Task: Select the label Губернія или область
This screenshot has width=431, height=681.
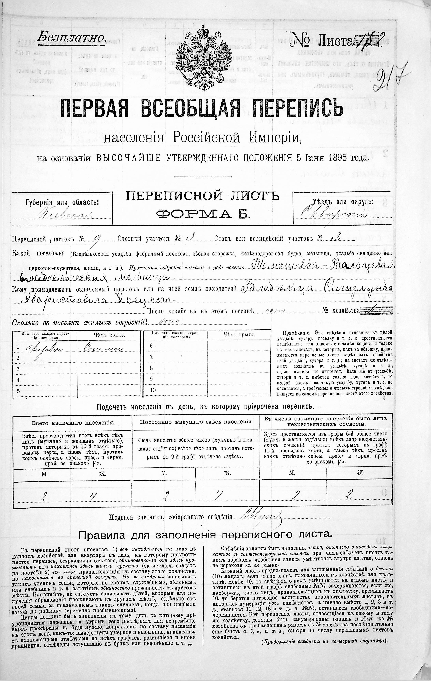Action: tap(62, 202)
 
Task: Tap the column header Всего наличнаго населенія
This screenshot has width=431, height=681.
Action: tap(73, 423)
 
